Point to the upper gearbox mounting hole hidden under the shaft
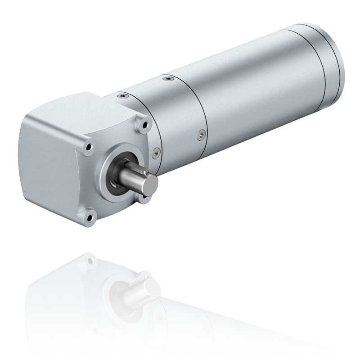pyautogui.click(x=144, y=197)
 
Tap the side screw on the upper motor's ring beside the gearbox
pyautogui.click(x=156, y=152)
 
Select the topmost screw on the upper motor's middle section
pyautogui.click(x=168, y=79)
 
